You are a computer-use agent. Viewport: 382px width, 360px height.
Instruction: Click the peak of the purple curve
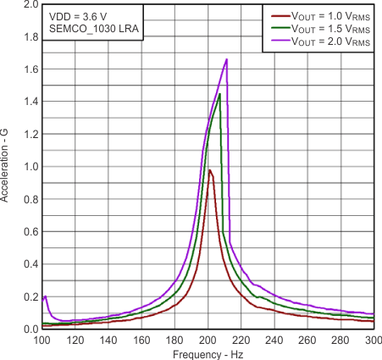(x=227, y=59)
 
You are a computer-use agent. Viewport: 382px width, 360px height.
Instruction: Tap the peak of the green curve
(x=219, y=94)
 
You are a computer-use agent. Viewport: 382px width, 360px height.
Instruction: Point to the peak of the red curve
(x=209, y=169)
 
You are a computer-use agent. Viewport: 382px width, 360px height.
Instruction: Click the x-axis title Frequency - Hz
(x=208, y=352)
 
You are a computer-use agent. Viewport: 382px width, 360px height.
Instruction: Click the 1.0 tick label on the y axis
(x=30, y=167)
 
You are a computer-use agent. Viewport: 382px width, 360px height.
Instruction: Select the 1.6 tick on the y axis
(x=30, y=69)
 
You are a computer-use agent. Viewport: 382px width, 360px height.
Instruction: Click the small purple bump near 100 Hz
(x=45, y=296)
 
